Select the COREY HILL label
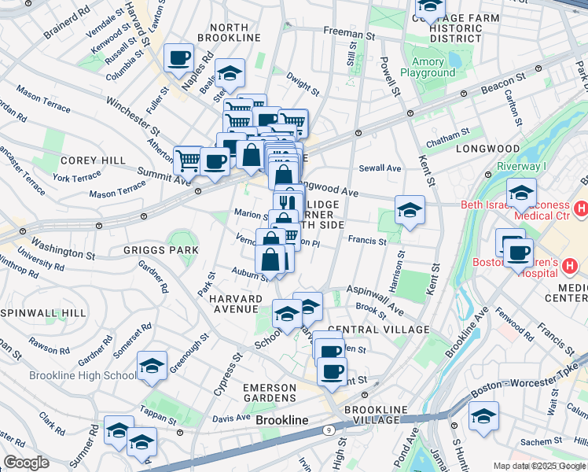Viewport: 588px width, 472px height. tap(93, 160)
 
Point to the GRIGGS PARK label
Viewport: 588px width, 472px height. tap(160, 249)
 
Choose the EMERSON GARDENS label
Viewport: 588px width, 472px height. tap(281, 393)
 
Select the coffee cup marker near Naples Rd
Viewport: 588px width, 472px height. tap(179, 57)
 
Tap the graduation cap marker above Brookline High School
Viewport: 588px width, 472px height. tap(152, 367)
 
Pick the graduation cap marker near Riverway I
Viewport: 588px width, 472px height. tap(521, 192)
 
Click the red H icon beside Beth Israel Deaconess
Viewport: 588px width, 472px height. tap(581, 208)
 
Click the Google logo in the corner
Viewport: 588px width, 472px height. tap(26, 463)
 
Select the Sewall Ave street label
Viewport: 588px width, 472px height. tap(380, 168)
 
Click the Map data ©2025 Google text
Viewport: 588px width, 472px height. tap(538, 466)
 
